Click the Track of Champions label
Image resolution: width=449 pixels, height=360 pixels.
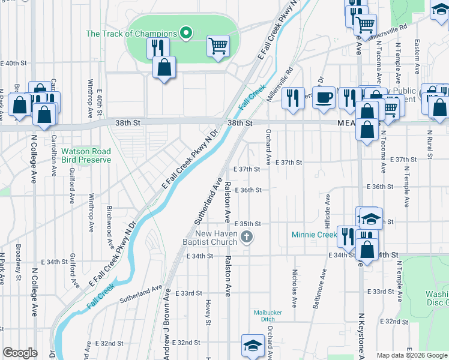click(x=131, y=34)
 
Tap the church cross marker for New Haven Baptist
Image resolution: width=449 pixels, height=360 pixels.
click(x=246, y=238)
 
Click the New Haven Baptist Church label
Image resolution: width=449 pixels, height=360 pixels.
click(x=211, y=238)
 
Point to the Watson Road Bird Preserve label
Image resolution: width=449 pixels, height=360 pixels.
click(x=86, y=156)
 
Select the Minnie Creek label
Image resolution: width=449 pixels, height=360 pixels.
click(x=315, y=234)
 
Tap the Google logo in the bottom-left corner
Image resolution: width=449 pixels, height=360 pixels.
click(x=20, y=353)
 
